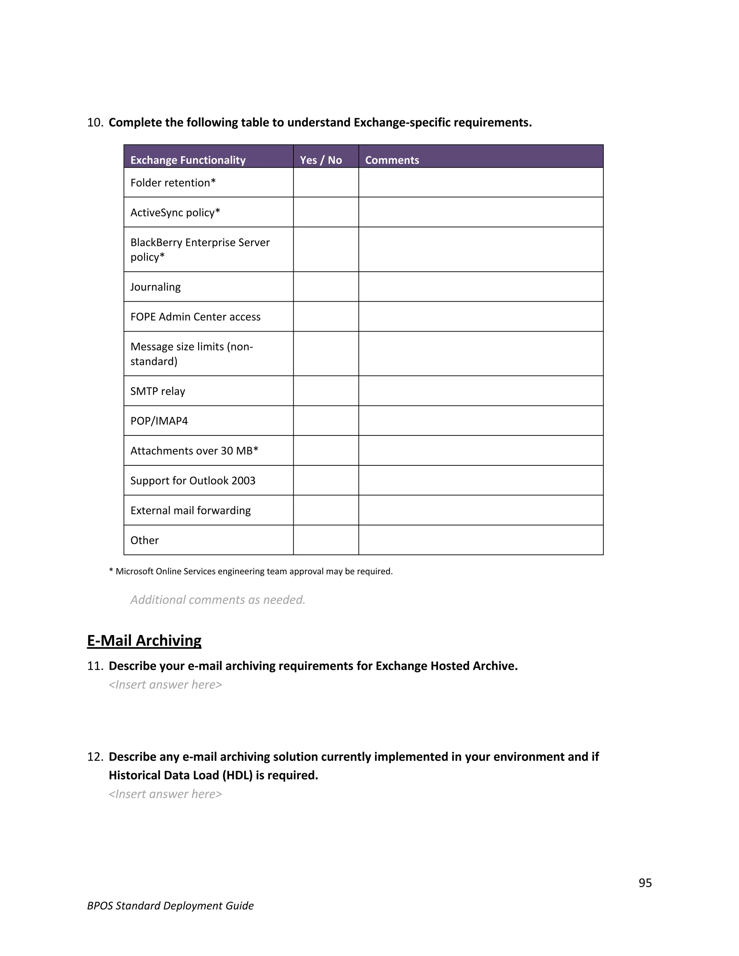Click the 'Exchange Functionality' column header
[188, 160]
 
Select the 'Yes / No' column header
[321, 160]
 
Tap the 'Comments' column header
[392, 160]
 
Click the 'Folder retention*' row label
[173, 183]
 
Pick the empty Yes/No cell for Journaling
[326, 287]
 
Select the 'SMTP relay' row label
[158, 391]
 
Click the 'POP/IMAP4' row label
[159, 421]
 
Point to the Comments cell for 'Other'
[480, 540]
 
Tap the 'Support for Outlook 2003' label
[193, 480]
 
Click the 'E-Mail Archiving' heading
[144, 640]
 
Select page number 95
[645, 882]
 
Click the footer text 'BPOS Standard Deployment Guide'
[170, 905]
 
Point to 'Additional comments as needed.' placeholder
[218, 599]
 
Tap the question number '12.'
[95, 757]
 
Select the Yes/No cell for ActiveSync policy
[326, 212]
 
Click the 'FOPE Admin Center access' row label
[195, 316]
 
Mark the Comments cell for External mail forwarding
[480, 510]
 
